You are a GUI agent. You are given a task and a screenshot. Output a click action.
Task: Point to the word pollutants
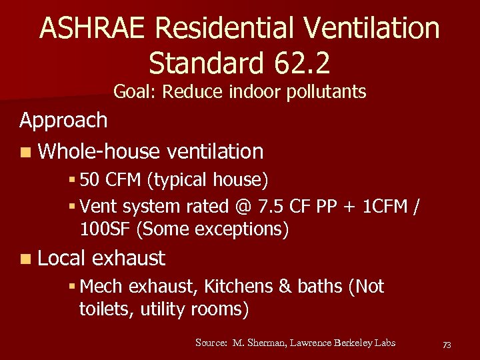(326, 91)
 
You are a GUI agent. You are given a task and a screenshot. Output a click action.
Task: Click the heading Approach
(63, 121)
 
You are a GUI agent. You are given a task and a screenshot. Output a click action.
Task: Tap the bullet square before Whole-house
(25, 153)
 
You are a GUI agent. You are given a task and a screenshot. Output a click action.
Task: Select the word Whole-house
(99, 152)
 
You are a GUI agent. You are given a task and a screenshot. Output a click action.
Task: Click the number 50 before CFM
(91, 180)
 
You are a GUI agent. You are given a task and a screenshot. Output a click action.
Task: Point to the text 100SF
(105, 230)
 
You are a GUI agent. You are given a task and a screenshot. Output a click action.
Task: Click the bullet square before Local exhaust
(25, 259)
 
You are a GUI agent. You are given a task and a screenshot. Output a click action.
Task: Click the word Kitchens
(238, 287)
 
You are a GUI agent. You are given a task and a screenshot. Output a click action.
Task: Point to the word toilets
(106, 309)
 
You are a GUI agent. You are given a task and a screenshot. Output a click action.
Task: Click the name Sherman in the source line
(271, 343)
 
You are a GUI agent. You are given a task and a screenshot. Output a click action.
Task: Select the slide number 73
(447, 345)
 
